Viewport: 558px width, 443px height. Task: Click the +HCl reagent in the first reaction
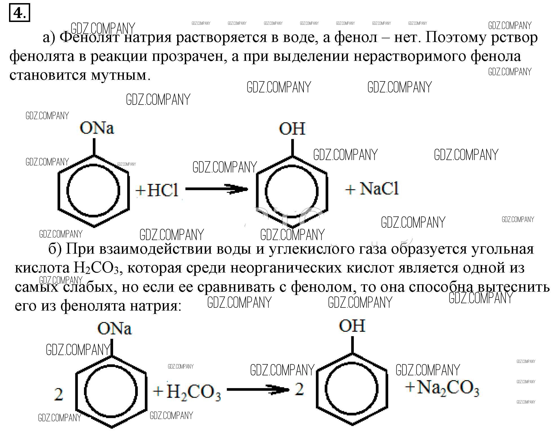tap(157, 190)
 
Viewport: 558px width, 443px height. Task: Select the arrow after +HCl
tap(216, 189)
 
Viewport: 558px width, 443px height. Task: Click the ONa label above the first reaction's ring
tap(97, 128)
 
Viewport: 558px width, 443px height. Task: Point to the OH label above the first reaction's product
tap(292, 129)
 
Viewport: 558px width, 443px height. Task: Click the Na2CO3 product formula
tap(448, 388)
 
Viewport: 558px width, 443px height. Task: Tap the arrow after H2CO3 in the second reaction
tap(258, 390)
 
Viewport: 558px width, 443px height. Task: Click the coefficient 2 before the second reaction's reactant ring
tap(58, 395)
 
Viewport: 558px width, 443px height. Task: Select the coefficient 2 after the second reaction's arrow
tap(299, 389)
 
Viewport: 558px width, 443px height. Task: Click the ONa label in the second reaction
tap(115, 328)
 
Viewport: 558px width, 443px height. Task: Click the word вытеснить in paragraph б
tap(513, 287)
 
